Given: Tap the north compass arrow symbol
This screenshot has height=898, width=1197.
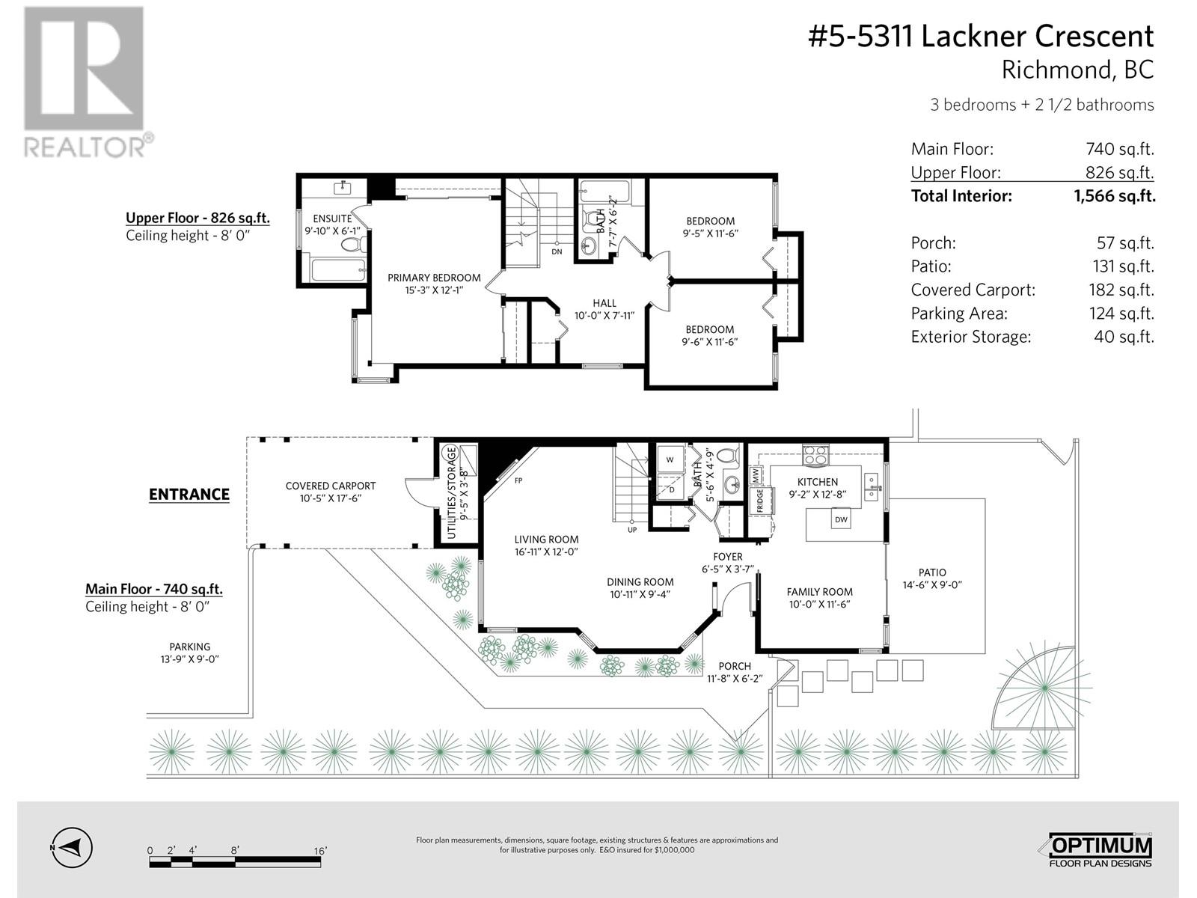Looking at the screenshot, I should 73,848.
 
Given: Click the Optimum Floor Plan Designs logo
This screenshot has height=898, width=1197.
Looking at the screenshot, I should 1097,850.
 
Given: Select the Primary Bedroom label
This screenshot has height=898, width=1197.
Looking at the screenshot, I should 434,278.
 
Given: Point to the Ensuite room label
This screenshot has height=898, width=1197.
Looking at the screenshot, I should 332,219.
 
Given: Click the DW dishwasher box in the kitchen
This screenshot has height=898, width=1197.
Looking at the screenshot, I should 841,519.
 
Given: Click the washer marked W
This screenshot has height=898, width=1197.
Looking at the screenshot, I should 670,459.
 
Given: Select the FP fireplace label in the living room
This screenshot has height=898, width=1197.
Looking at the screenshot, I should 518,480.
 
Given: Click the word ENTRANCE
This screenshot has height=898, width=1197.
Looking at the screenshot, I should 189,494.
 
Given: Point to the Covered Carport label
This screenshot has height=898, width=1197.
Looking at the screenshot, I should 331,486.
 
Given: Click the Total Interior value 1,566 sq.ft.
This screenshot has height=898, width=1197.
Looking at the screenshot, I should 1114,196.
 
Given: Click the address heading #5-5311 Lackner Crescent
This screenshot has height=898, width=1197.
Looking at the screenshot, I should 981,36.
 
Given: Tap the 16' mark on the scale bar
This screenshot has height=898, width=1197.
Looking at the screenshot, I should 321,851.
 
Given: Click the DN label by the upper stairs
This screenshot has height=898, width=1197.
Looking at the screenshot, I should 557,252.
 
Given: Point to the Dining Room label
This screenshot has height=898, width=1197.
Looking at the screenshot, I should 640,581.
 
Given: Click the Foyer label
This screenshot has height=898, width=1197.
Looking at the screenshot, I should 727,557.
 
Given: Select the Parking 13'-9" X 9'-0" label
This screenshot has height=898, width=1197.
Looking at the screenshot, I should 189,647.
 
